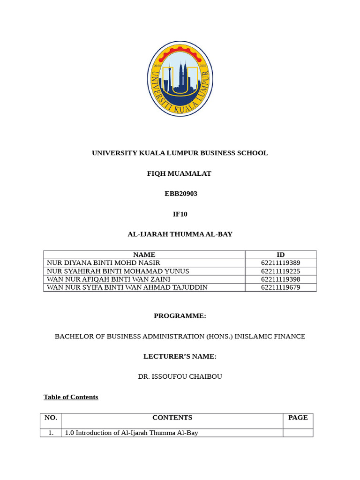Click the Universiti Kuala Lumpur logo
pos(180,79)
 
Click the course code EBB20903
pos(180,194)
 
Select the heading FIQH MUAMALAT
pos(180,173)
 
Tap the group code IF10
pos(180,214)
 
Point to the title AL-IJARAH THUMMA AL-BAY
pos(180,234)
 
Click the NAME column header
pos(144,255)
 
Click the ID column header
pos(280,255)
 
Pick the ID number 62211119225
pos(280,271)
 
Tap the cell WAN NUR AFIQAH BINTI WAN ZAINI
pos(107,279)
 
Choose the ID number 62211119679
pos(280,287)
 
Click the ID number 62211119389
pos(280,263)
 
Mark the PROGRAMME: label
pos(180,316)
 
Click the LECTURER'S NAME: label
pos(180,357)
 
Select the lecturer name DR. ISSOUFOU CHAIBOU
pos(180,377)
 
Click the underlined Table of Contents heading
pos(71,397)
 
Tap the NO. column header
pos(51,418)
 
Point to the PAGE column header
pos(298,418)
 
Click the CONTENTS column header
pos(172,418)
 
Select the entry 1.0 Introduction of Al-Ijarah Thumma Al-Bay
pos(131,433)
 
